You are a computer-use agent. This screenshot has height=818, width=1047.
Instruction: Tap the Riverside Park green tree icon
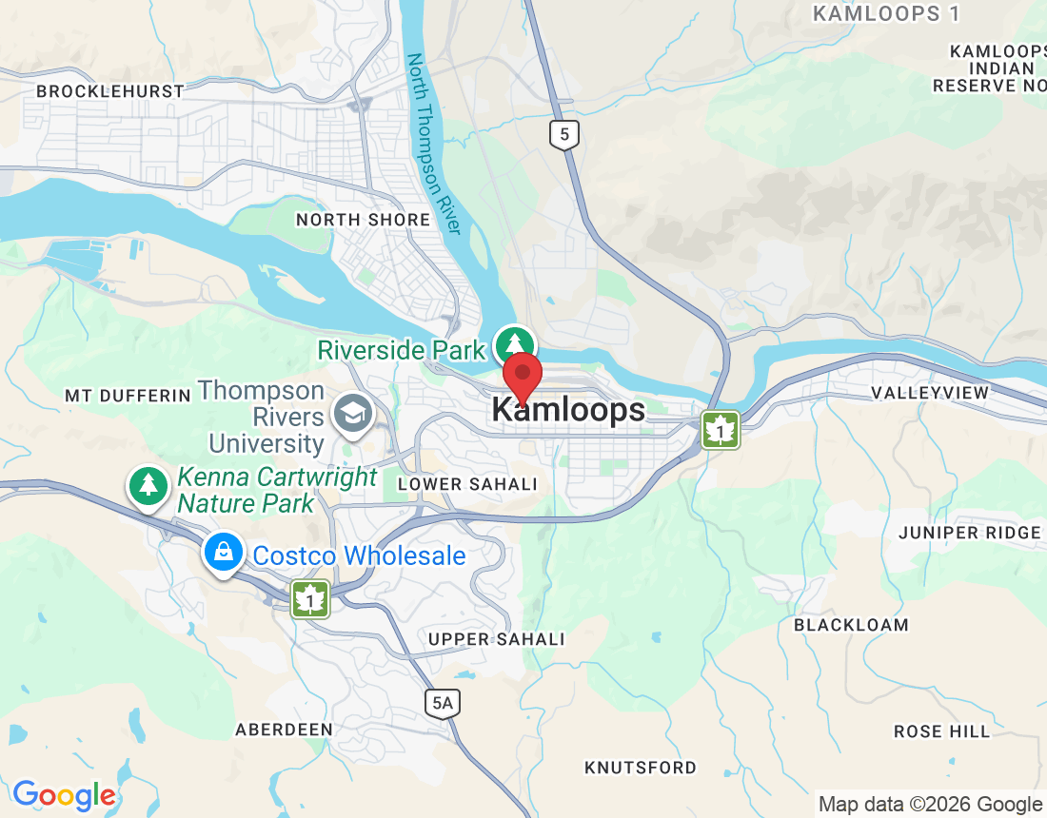(x=515, y=344)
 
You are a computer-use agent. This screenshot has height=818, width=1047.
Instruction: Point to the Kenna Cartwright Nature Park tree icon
(x=148, y=485)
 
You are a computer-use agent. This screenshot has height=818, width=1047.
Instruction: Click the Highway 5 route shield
(x=564, y=134)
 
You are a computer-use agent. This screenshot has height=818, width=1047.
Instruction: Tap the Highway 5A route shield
(x=443, y=703)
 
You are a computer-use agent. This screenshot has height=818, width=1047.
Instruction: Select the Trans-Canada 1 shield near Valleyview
(x=721, y=430)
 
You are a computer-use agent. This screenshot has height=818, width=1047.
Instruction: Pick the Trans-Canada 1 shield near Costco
(x=310, y=599)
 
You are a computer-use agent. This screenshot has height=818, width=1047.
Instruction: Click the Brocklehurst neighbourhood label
(x=110, y=91)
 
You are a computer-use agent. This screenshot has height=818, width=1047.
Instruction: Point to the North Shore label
(x=363, y=220)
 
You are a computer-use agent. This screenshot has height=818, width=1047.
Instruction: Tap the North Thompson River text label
(x=434, y=144)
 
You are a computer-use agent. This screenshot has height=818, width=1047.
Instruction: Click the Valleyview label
(x=930, y=393)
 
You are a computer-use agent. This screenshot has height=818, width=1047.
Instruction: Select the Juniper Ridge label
(x=970, y=533)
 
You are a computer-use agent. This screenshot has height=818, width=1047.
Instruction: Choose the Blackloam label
(x=851, y=625)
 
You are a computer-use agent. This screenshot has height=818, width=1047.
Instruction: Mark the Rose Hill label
(x=941, y=731)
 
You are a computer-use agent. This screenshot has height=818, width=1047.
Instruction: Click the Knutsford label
(x=641, y=768)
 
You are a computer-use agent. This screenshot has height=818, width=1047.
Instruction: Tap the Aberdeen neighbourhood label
(x=284, y=730)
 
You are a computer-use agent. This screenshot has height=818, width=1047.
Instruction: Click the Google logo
(x=64, y=795)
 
